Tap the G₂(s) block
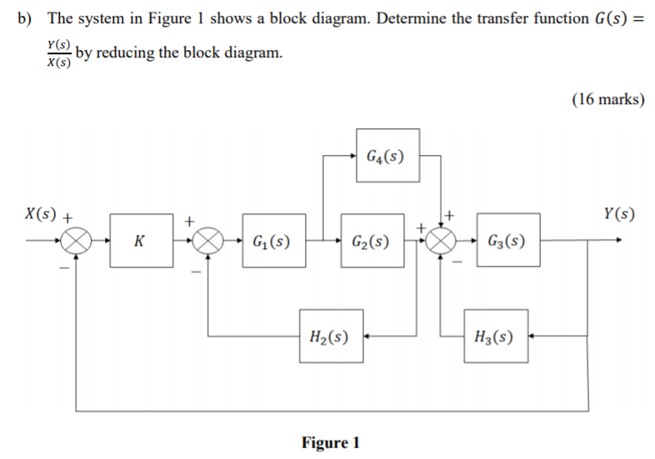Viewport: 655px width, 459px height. click(x=371, y=242)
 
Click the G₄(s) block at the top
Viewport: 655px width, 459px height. click(x=387, y=155)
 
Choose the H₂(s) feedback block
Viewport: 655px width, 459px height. click(x=331, y=337)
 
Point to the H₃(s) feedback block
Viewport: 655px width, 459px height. click(x=495, y=337)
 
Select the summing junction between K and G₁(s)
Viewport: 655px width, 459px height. click(x=208, y=242)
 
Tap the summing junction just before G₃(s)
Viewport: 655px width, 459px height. click(x=442, y=242)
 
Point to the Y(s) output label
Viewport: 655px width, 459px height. click(x=617, y=214)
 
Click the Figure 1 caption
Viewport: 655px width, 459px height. click(x=330, y=442)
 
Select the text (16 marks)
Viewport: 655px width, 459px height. click(x=607, y=99)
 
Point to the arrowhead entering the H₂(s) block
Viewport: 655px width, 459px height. click(x=368, y=337)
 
